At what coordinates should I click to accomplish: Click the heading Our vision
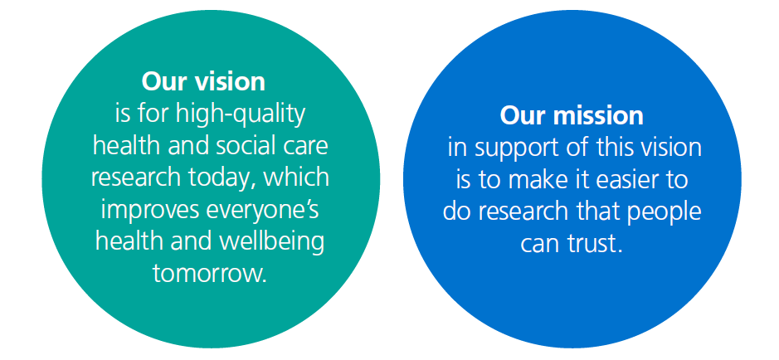203,81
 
